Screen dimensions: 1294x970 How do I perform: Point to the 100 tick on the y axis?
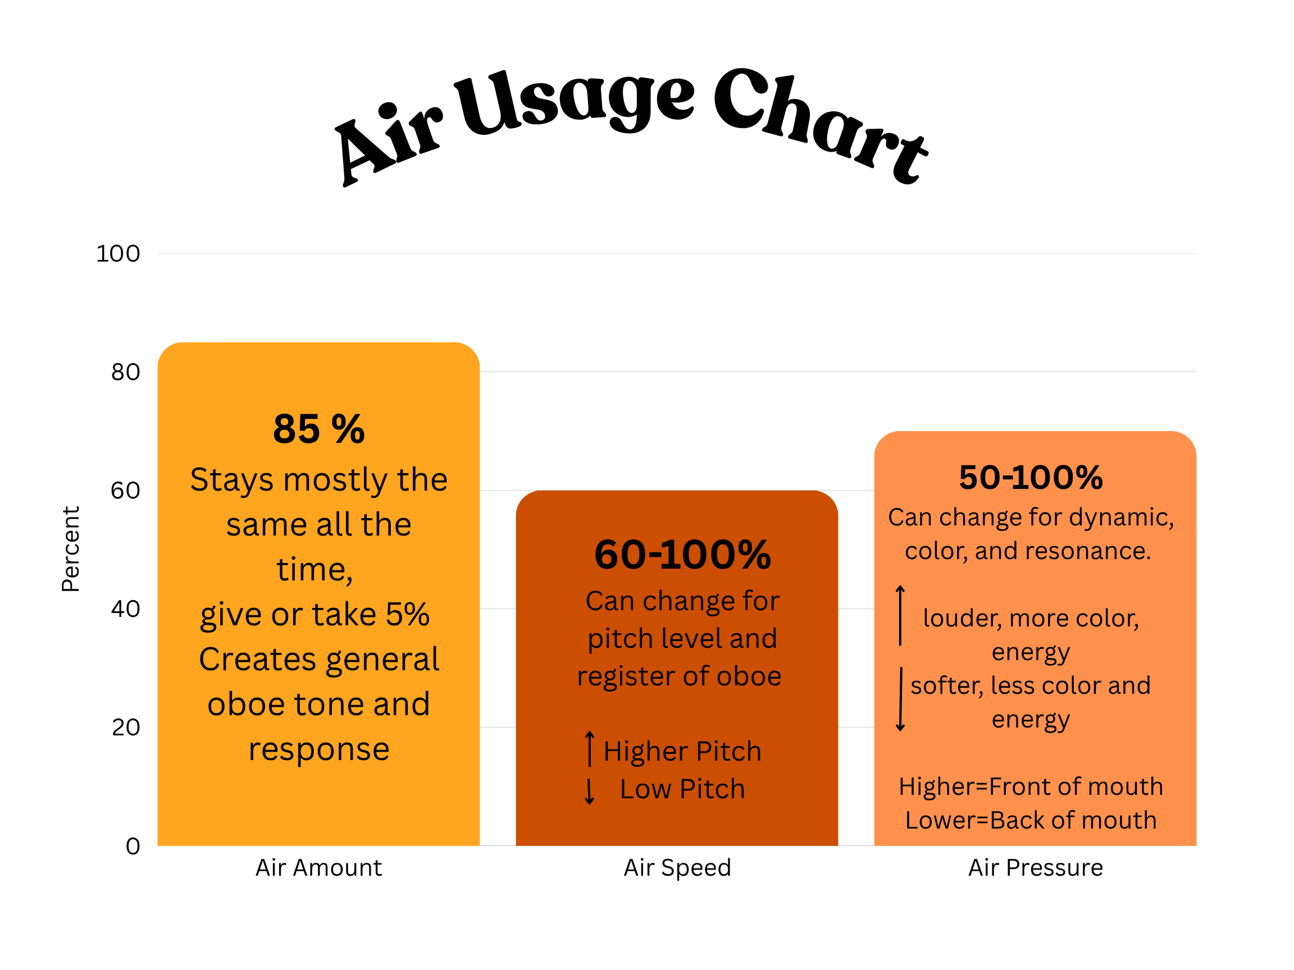118,254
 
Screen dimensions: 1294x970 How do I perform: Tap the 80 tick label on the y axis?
126,372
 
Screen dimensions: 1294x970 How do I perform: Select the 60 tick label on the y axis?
126,491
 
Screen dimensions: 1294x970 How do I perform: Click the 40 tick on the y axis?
126,609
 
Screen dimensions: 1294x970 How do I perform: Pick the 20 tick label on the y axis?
126,727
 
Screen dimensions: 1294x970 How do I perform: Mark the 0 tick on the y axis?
133,846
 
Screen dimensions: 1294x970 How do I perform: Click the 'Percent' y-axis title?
71,549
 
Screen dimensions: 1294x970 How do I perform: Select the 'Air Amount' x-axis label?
319,868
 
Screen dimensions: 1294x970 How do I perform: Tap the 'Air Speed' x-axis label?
677,868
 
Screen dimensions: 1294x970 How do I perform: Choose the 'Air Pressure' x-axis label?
1036,868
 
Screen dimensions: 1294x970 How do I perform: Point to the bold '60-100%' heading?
683,554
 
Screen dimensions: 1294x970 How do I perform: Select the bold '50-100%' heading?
1031,477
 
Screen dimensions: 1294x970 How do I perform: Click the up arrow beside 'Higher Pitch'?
590,748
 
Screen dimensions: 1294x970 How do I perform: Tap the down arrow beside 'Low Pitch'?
590,791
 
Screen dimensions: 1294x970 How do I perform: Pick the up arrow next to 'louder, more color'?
900,615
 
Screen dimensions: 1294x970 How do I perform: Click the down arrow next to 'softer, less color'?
901,699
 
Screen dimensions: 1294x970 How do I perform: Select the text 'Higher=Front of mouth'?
1031,786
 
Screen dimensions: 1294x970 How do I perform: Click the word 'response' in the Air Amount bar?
319,749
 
